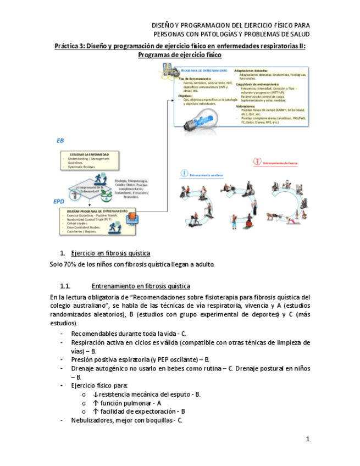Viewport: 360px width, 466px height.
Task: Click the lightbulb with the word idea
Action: click(x=198, y=120)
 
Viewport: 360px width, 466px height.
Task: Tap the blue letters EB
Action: click(x=60, y=141)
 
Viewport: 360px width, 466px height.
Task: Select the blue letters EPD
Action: click(x=59, y=202)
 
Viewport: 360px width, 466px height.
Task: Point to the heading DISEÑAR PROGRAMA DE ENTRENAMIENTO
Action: click(x=97, y=211)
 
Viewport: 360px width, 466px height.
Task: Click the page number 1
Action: click(x=308, y=439)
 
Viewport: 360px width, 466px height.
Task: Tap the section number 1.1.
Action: click(x=65, y=286)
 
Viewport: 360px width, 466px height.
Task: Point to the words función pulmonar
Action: click(x=129, y=403)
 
